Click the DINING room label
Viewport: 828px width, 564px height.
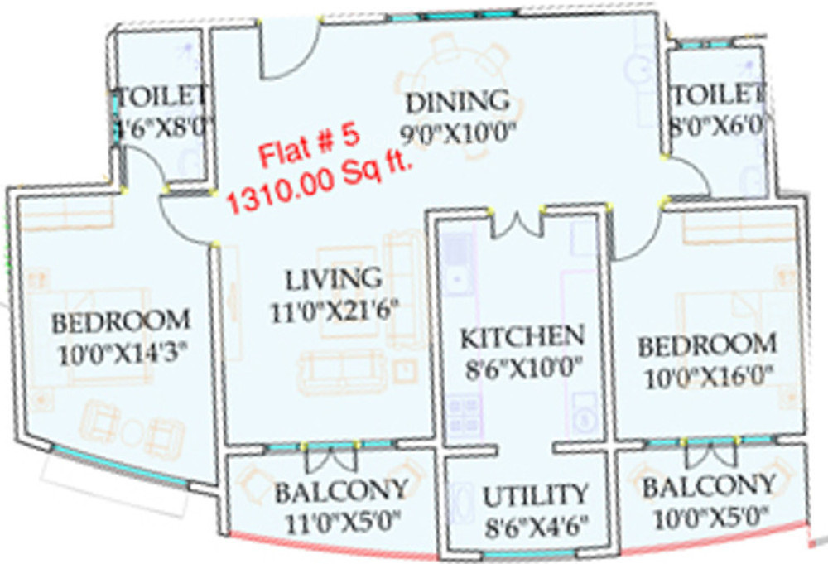tap(457, 102)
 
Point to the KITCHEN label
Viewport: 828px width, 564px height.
tap(522, 337)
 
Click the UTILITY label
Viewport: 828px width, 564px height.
tap(536, 495)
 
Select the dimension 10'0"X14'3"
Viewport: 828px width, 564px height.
tap(123, 355)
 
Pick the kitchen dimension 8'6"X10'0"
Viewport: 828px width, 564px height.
tap(522, 365)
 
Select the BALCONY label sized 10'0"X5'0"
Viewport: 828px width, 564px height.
tap(710, 484)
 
